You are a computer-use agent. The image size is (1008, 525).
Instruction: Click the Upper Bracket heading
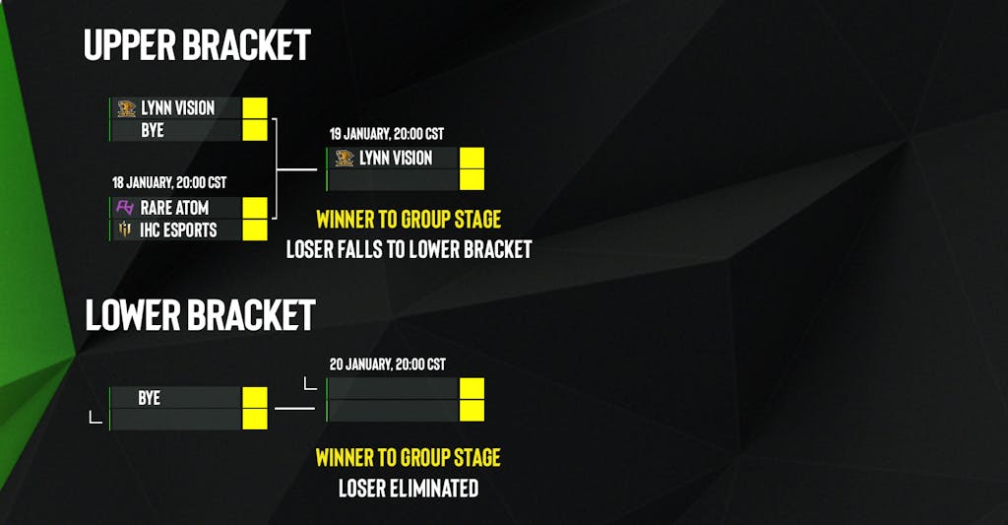point(197,44)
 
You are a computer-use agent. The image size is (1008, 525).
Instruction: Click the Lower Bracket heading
point(200,314)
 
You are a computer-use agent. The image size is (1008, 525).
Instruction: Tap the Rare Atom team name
point(174,208)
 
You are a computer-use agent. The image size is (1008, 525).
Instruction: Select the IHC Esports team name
point(178,230)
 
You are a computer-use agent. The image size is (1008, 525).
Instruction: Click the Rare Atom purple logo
point(125,208)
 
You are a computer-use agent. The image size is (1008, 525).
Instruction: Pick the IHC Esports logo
point(125,230)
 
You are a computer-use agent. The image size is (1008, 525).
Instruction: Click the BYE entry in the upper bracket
point(153,129)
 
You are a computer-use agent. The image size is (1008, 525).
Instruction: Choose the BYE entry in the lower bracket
point(149,398)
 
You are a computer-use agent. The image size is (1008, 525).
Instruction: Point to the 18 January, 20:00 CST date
point(169,182)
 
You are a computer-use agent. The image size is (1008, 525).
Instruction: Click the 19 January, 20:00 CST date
point(387,133)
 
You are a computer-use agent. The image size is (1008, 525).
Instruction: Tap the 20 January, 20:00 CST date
point(387,363)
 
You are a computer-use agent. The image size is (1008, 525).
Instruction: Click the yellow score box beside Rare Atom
point(255,208)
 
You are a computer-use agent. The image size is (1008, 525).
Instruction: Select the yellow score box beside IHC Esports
point(255,230)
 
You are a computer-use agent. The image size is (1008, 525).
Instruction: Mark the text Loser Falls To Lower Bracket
point(409,249)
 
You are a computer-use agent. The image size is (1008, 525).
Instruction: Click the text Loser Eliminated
point(409,488)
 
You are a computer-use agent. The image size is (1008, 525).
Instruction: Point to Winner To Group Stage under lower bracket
point(408,457)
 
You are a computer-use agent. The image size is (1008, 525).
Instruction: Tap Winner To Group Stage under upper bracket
point(408,219)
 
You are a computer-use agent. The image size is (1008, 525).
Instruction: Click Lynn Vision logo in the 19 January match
point(344,158)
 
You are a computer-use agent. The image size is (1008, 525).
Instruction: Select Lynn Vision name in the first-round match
point(177,107)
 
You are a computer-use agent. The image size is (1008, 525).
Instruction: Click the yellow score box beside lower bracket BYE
point(255,398)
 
